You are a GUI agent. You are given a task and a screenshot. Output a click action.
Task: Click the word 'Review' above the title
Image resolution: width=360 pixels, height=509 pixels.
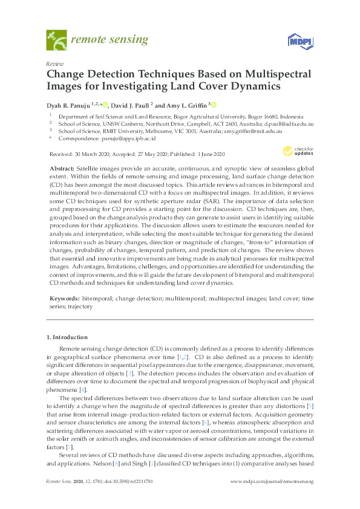pyautogui.click(x=54, y=63)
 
